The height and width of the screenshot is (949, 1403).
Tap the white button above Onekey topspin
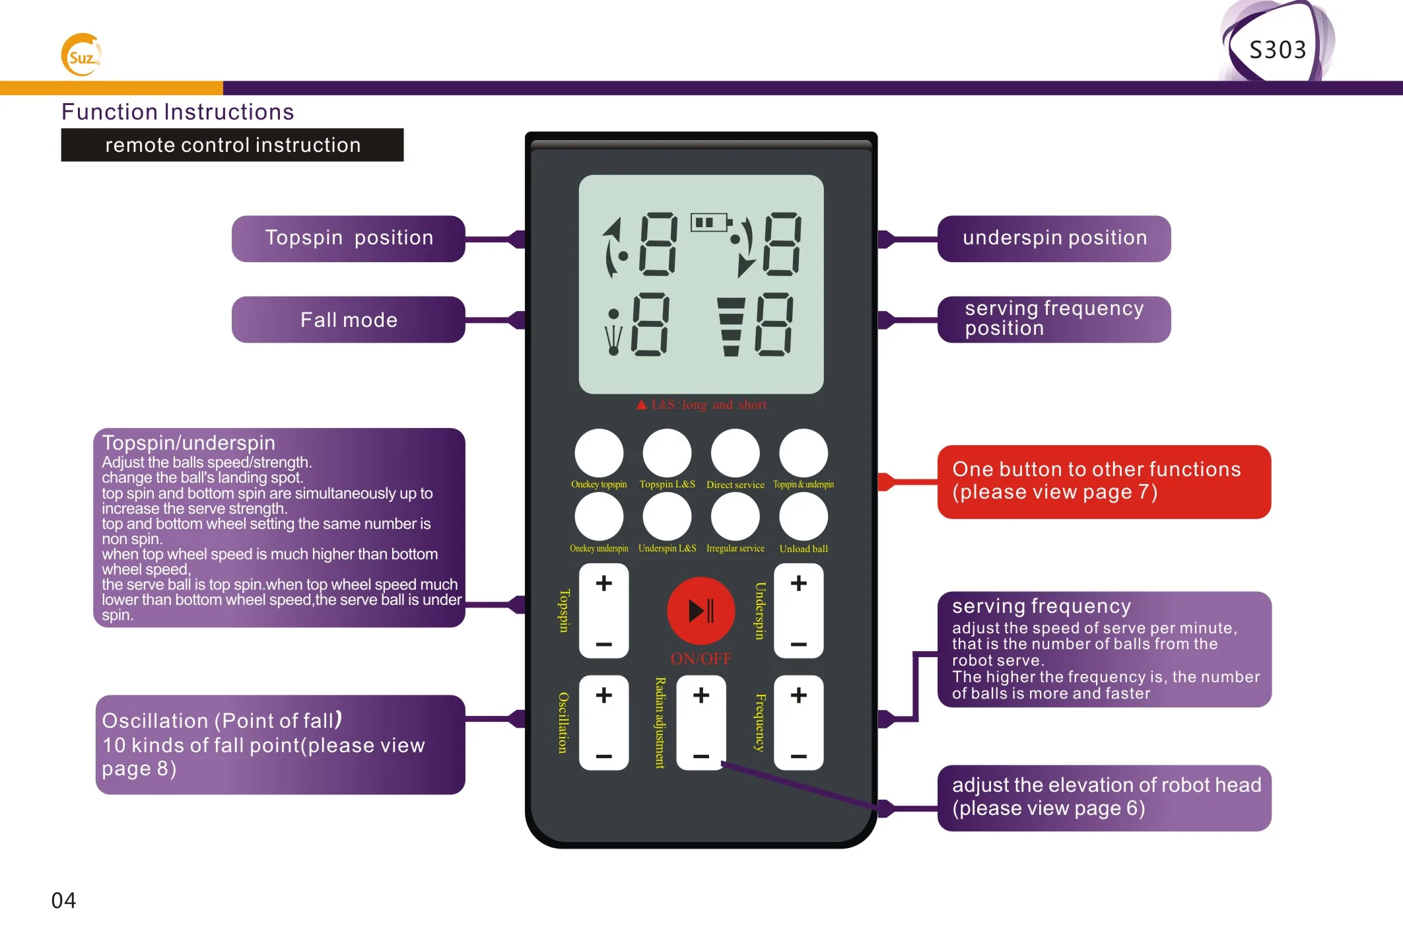click(x=599, y=453)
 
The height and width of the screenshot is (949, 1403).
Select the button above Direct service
click(x=735, y=453)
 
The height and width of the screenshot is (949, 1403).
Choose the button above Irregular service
click(x=735, y=517)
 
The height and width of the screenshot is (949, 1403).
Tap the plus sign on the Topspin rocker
click(x=603, y=583)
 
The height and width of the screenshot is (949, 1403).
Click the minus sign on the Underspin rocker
click(x=798, y=644)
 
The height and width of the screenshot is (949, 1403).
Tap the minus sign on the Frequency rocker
click(x=798, y=756)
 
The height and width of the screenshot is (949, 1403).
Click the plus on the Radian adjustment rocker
click(x=701, y=695)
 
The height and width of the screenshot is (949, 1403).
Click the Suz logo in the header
click(x=81, y=55)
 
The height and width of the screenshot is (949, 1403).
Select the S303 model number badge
click(x=1277, y=50)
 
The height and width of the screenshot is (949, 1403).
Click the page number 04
click(x=63, y=900)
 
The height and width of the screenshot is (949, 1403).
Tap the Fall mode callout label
click(x=348, y=320)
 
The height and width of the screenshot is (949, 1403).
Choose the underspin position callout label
click(x=1054, y=238)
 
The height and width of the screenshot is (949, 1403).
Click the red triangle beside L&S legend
click(x=641, y=405)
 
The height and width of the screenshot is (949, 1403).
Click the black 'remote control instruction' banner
click(x=232, y=145)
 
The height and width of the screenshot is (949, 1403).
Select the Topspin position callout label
click(x=348, y=238)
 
